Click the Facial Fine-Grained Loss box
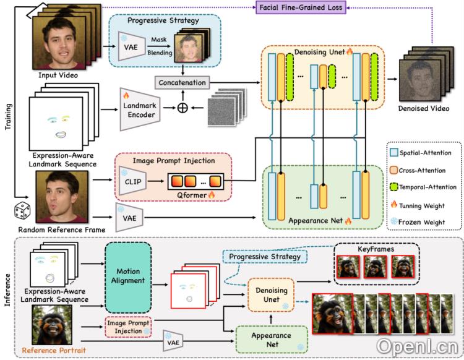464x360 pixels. click(280, 7)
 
